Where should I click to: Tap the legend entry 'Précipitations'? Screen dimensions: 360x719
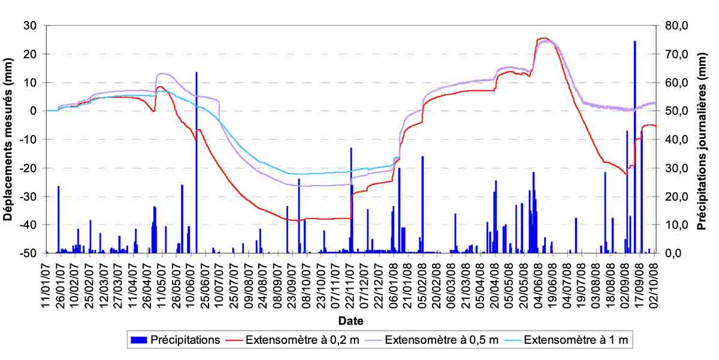[x=185, y=340]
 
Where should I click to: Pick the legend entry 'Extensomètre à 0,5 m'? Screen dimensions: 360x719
[x=442, y=340]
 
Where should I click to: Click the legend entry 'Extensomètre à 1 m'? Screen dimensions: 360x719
[x=576, y=340]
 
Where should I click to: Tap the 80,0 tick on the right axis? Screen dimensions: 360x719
[x=678, y=26]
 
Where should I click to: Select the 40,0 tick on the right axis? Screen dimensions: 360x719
[x=678, y=140]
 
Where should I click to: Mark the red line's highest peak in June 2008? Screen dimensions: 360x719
[x=543, y=38]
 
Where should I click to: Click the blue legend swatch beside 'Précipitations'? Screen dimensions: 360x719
[x=138, y=340]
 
